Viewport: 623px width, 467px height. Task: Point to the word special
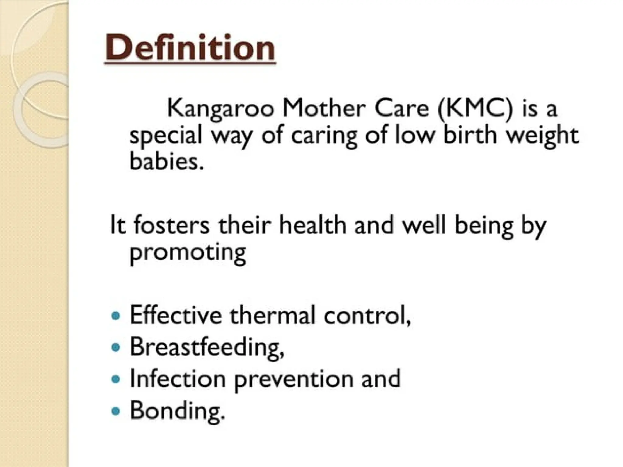click(166, 136)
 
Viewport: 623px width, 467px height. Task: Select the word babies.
click(166, 161)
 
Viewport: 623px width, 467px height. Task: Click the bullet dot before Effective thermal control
click(116, 316)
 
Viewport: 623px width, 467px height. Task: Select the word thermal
click(272, 315)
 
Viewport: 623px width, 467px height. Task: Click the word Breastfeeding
click(207, 347)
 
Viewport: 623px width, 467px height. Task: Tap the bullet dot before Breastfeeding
click(116, 347)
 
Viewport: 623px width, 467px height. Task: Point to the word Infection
click(177, 379)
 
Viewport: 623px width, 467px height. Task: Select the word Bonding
click(177, 410)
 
